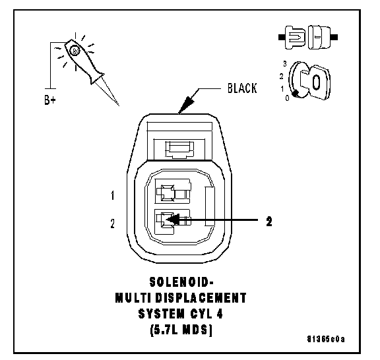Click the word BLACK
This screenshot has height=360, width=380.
[242, 88]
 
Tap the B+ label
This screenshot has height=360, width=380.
[50, 100]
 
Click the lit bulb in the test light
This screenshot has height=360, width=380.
[74, 51]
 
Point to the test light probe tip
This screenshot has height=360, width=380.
[119, 105]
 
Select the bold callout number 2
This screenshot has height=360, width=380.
[269, 221]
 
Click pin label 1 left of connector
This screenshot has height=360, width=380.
[112, 195]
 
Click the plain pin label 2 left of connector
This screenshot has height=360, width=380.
[112, 224]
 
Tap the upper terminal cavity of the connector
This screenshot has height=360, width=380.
[173, 191]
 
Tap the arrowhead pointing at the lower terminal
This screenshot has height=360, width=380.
[173, 220]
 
